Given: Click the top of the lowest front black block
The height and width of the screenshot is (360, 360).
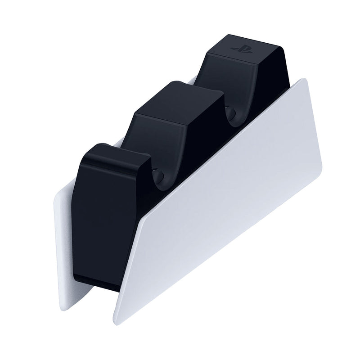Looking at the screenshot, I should [118, 155].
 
